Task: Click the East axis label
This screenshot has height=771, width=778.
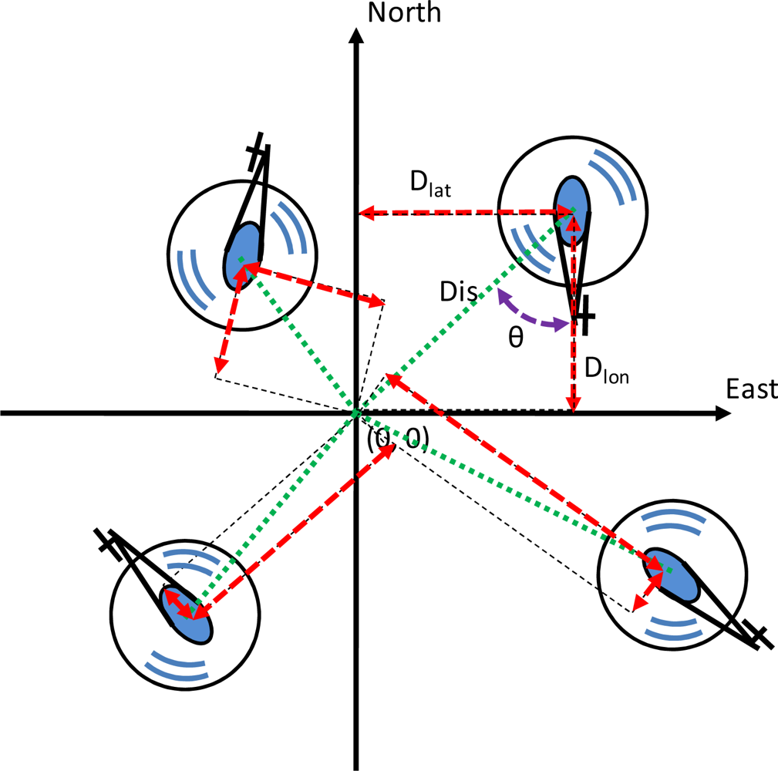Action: (751, 390)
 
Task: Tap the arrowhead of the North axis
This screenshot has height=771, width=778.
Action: (355, 37)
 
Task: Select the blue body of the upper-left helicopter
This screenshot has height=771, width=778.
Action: (244, 254)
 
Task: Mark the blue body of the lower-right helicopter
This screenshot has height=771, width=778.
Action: (672, 575)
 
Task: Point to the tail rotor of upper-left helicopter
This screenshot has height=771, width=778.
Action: (258, 156)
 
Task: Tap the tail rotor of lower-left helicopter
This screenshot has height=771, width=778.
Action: (107, 541)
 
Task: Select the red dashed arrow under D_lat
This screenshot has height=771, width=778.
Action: (463, 211)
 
